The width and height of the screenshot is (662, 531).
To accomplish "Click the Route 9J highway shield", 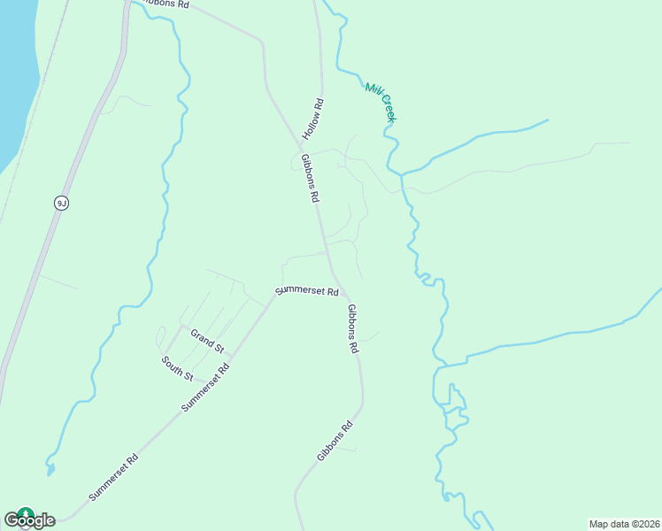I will pyautogui.click(x=61, y=203).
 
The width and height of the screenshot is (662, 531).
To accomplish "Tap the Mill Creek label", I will pyautogui.click(x=381, y=101).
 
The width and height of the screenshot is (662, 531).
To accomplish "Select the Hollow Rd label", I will pyautogui.click(x=313, y=119).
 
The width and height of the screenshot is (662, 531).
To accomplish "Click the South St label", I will pyautogui.click(x=177, y=368).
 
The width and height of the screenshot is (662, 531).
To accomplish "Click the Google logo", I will pyautogui.click(x=29, y=519).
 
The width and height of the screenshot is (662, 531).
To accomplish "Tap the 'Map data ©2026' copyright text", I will pyautogui.click(x=625, y=524).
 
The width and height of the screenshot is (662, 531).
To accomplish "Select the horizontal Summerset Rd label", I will pyautogui.click(x=307, y=290).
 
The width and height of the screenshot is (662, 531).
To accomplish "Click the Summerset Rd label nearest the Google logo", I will pyautogui.click(x=113, y=478).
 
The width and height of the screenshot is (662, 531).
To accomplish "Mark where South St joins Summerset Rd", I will pyautogui.click(x=211, y=382).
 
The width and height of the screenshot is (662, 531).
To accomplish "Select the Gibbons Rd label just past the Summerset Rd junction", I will pyautogui.click(x=352, y=329).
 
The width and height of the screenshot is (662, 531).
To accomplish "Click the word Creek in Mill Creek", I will pyautogui.click(x=389, y=108).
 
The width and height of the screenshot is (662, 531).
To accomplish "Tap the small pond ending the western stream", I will pyautogui.click(x=50, y=468).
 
